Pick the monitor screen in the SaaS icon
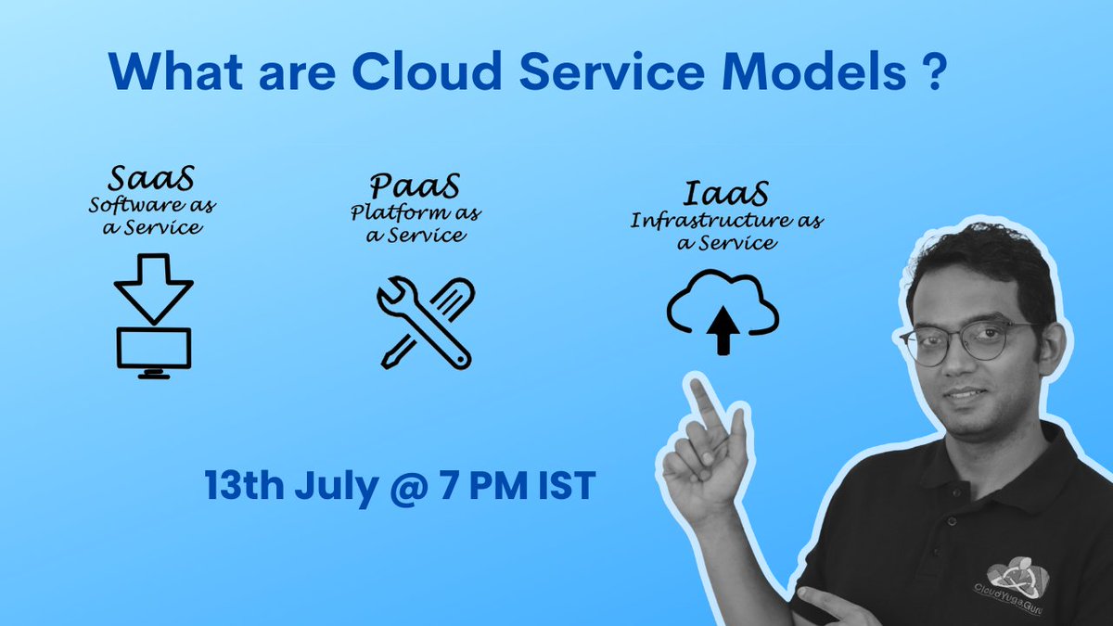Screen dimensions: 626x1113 pyautogui.click(x=153, y=347)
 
